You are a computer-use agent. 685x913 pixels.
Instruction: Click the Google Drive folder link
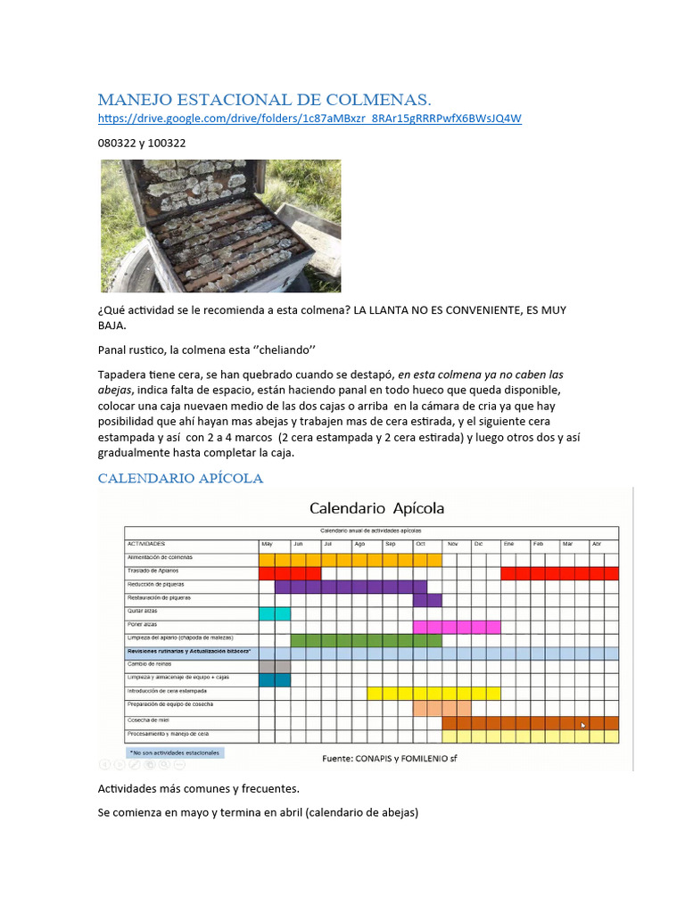pyautogui.click(x=309, y=118)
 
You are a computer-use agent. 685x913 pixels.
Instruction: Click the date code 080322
pyautogui.click(x=115, y=143)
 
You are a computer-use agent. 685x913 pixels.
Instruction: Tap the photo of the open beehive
pyautogui.click(x=219, y=226)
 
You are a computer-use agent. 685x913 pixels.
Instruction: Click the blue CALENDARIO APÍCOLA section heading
pyautogui.click(x=180, y=478)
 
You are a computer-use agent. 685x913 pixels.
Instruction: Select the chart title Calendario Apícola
pyautogui.click(x=376, y=508)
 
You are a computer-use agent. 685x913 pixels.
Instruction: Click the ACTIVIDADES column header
pyautogui.click(x=147, y=543)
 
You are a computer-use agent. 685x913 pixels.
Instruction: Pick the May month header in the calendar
pyautogui.click(x=267, y=543)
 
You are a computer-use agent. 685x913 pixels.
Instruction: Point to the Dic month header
pyautogui.click(x=479, y=543)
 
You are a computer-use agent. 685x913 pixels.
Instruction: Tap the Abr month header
pyautogui.click(x=598, y=543)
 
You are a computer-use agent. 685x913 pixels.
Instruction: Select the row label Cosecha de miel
pyautogui.click(x=148, y=720)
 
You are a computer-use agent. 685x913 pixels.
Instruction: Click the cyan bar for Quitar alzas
pyautogui.click(x=275, y=613)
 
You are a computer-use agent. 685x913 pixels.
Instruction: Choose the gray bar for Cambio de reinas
pyautogui.click(x=275, y=666)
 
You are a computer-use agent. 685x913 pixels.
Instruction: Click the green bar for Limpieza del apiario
pyautogui.click(x=367, y=640)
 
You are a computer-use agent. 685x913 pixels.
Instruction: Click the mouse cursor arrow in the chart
pyautogui.click(x=584, y=725)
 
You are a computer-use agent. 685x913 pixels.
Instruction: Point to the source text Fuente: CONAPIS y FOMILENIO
pyautogui.click(x=389, y=759)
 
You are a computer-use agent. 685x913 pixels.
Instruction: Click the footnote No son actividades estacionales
pyautogui.click(x=175, y=753)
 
